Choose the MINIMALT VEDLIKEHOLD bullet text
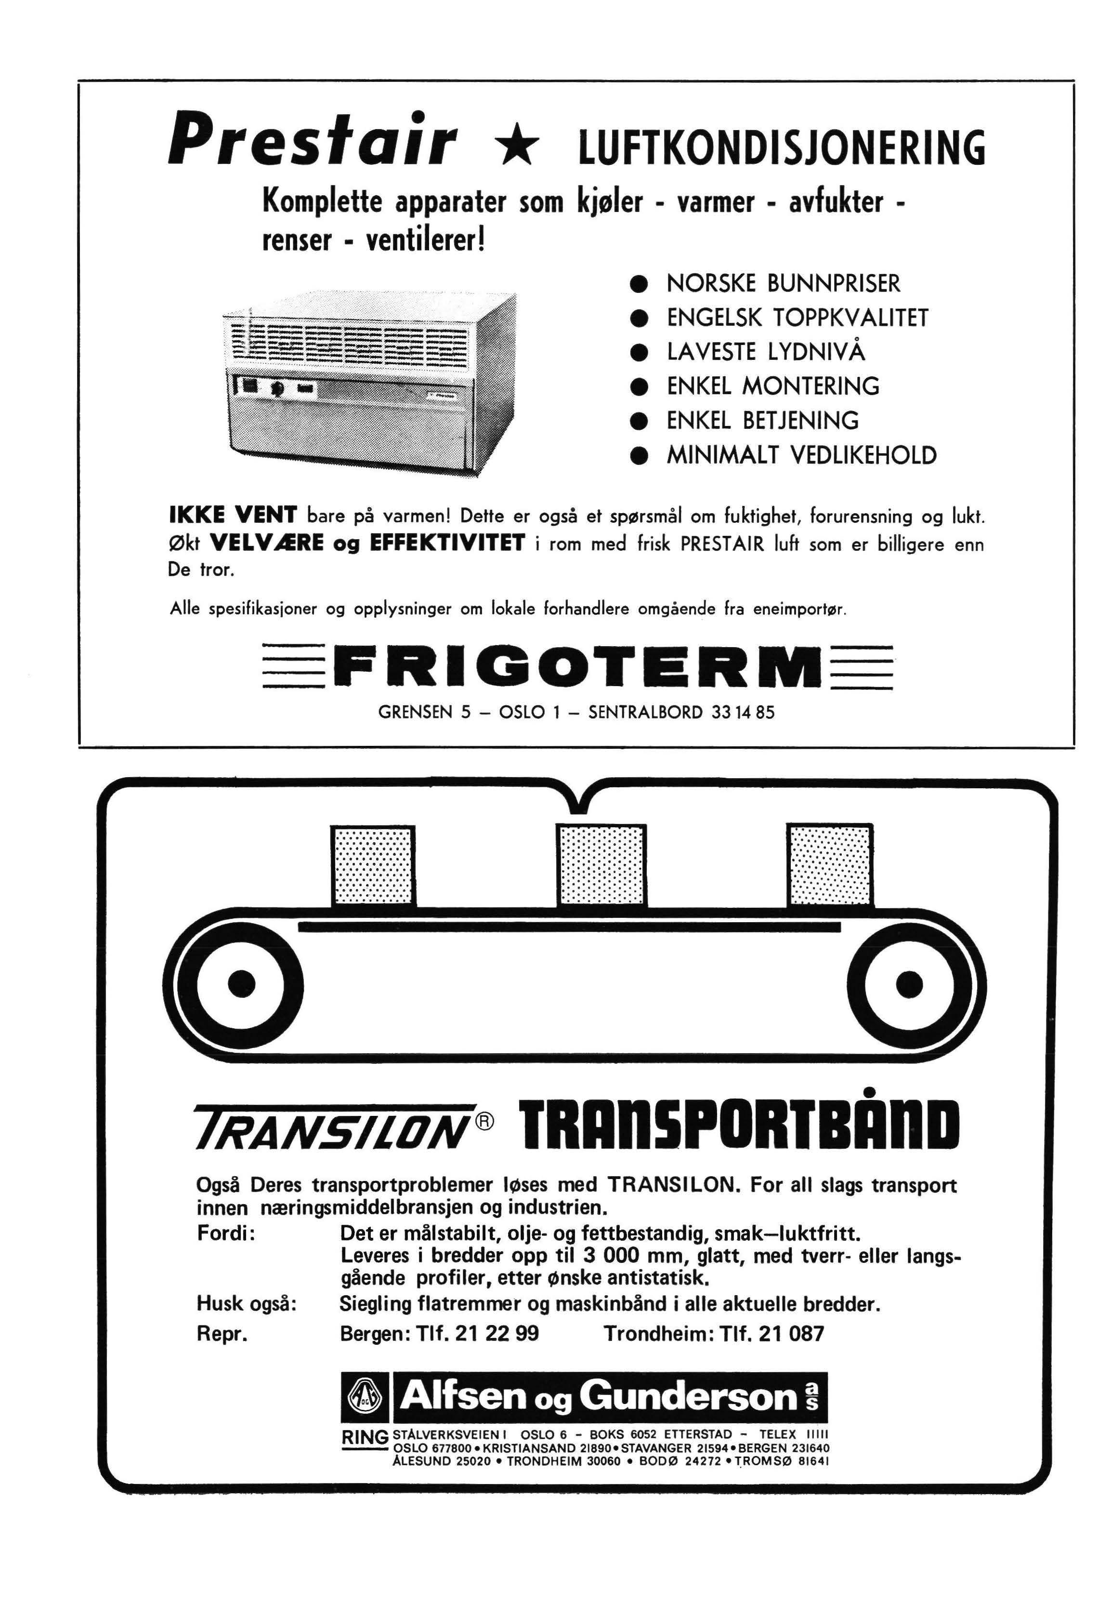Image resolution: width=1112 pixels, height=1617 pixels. pyautogui.click(x=801, y=456)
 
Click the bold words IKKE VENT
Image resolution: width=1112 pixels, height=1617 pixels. pyautogui.click(x=234, y=517)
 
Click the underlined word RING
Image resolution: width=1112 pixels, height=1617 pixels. pyautogui.click(x=364, y=1437)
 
